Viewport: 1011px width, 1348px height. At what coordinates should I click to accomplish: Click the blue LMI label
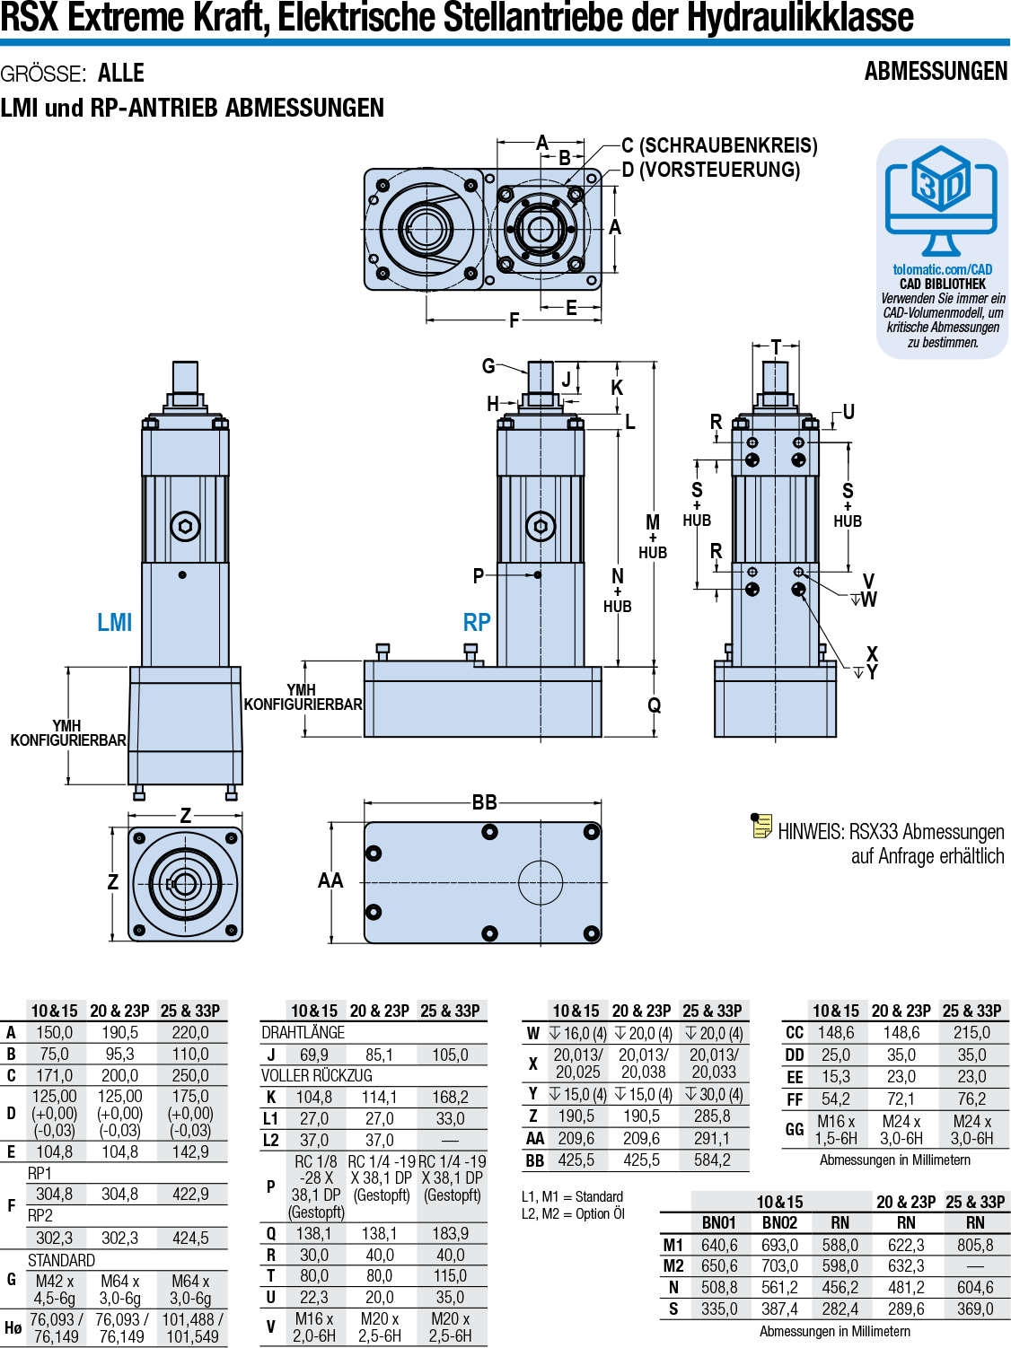click(x=115, y=622)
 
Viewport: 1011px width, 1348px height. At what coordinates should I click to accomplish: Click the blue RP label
click(x=477, y=622)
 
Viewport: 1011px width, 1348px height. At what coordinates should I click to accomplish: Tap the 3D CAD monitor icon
click(x=941, y=199)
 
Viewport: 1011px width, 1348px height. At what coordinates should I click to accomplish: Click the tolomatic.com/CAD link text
click(x=942, y=269)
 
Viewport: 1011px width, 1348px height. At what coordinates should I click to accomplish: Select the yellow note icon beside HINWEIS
click(x=761, y=826)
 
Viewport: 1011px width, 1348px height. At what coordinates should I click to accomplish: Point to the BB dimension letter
click(x=485, y=802)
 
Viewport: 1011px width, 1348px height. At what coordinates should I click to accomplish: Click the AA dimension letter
click(x=330, y=880)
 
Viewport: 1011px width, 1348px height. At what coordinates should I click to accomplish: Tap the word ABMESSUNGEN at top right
click(x=936, y=72)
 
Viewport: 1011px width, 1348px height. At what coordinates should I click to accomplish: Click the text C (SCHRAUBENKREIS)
click(x=719, y=145)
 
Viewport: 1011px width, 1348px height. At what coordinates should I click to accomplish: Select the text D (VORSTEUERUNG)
click(x=710, y=170)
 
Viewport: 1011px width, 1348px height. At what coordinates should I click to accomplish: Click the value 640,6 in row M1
click(x=719, y=1245)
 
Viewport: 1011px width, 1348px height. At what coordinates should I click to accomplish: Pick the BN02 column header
click(x=779, y=1222)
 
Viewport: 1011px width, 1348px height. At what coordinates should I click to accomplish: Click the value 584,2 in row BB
click(x=712, y=1160)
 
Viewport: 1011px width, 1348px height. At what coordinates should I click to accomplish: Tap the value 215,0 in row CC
click(x=971, y=1033)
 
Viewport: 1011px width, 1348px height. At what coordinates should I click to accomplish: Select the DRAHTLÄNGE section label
click(x=303, y=1033)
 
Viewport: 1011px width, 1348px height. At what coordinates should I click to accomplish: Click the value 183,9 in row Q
click(x=450, y=1234)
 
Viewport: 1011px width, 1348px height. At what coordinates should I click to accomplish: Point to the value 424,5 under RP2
click(x=190, y=1238)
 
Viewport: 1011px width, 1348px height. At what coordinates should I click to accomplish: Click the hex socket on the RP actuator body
click(x=541, y=526)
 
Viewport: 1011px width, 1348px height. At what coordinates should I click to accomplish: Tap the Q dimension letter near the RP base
click(x=655, y=705)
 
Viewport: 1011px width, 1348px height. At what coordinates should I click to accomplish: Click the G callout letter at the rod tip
click(x=488, y=365)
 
